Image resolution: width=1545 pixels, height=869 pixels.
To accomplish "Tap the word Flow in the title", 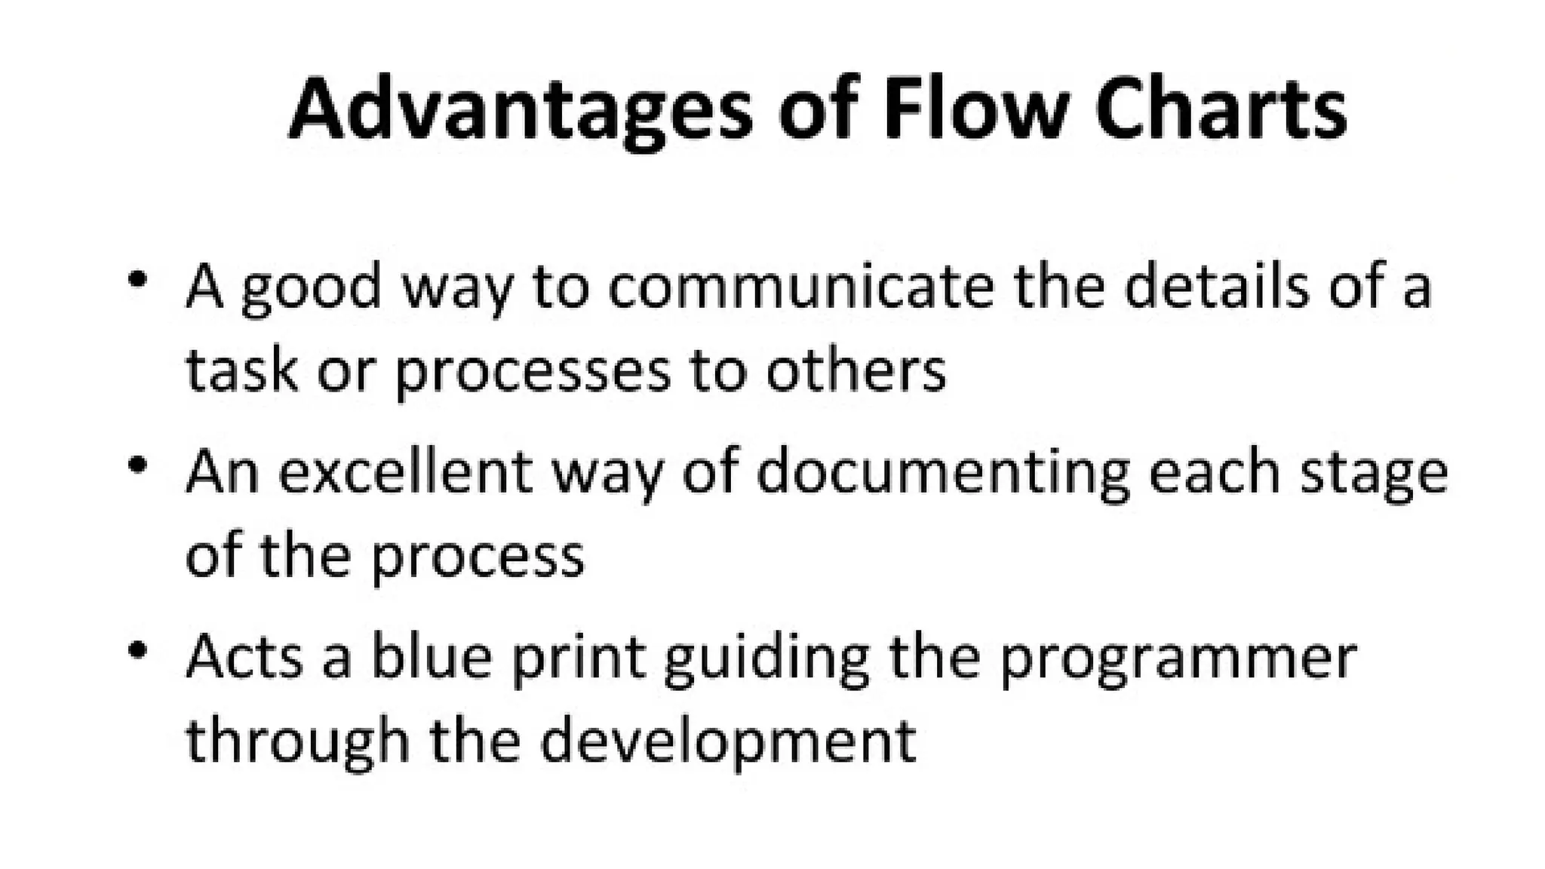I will (x=974, y=108).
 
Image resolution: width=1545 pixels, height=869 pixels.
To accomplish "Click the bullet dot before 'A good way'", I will (x=137, y=280).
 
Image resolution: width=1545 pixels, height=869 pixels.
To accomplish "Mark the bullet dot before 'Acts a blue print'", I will (x=137, y=650).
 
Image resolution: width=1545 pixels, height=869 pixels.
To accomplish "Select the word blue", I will (x=431, y=657).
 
